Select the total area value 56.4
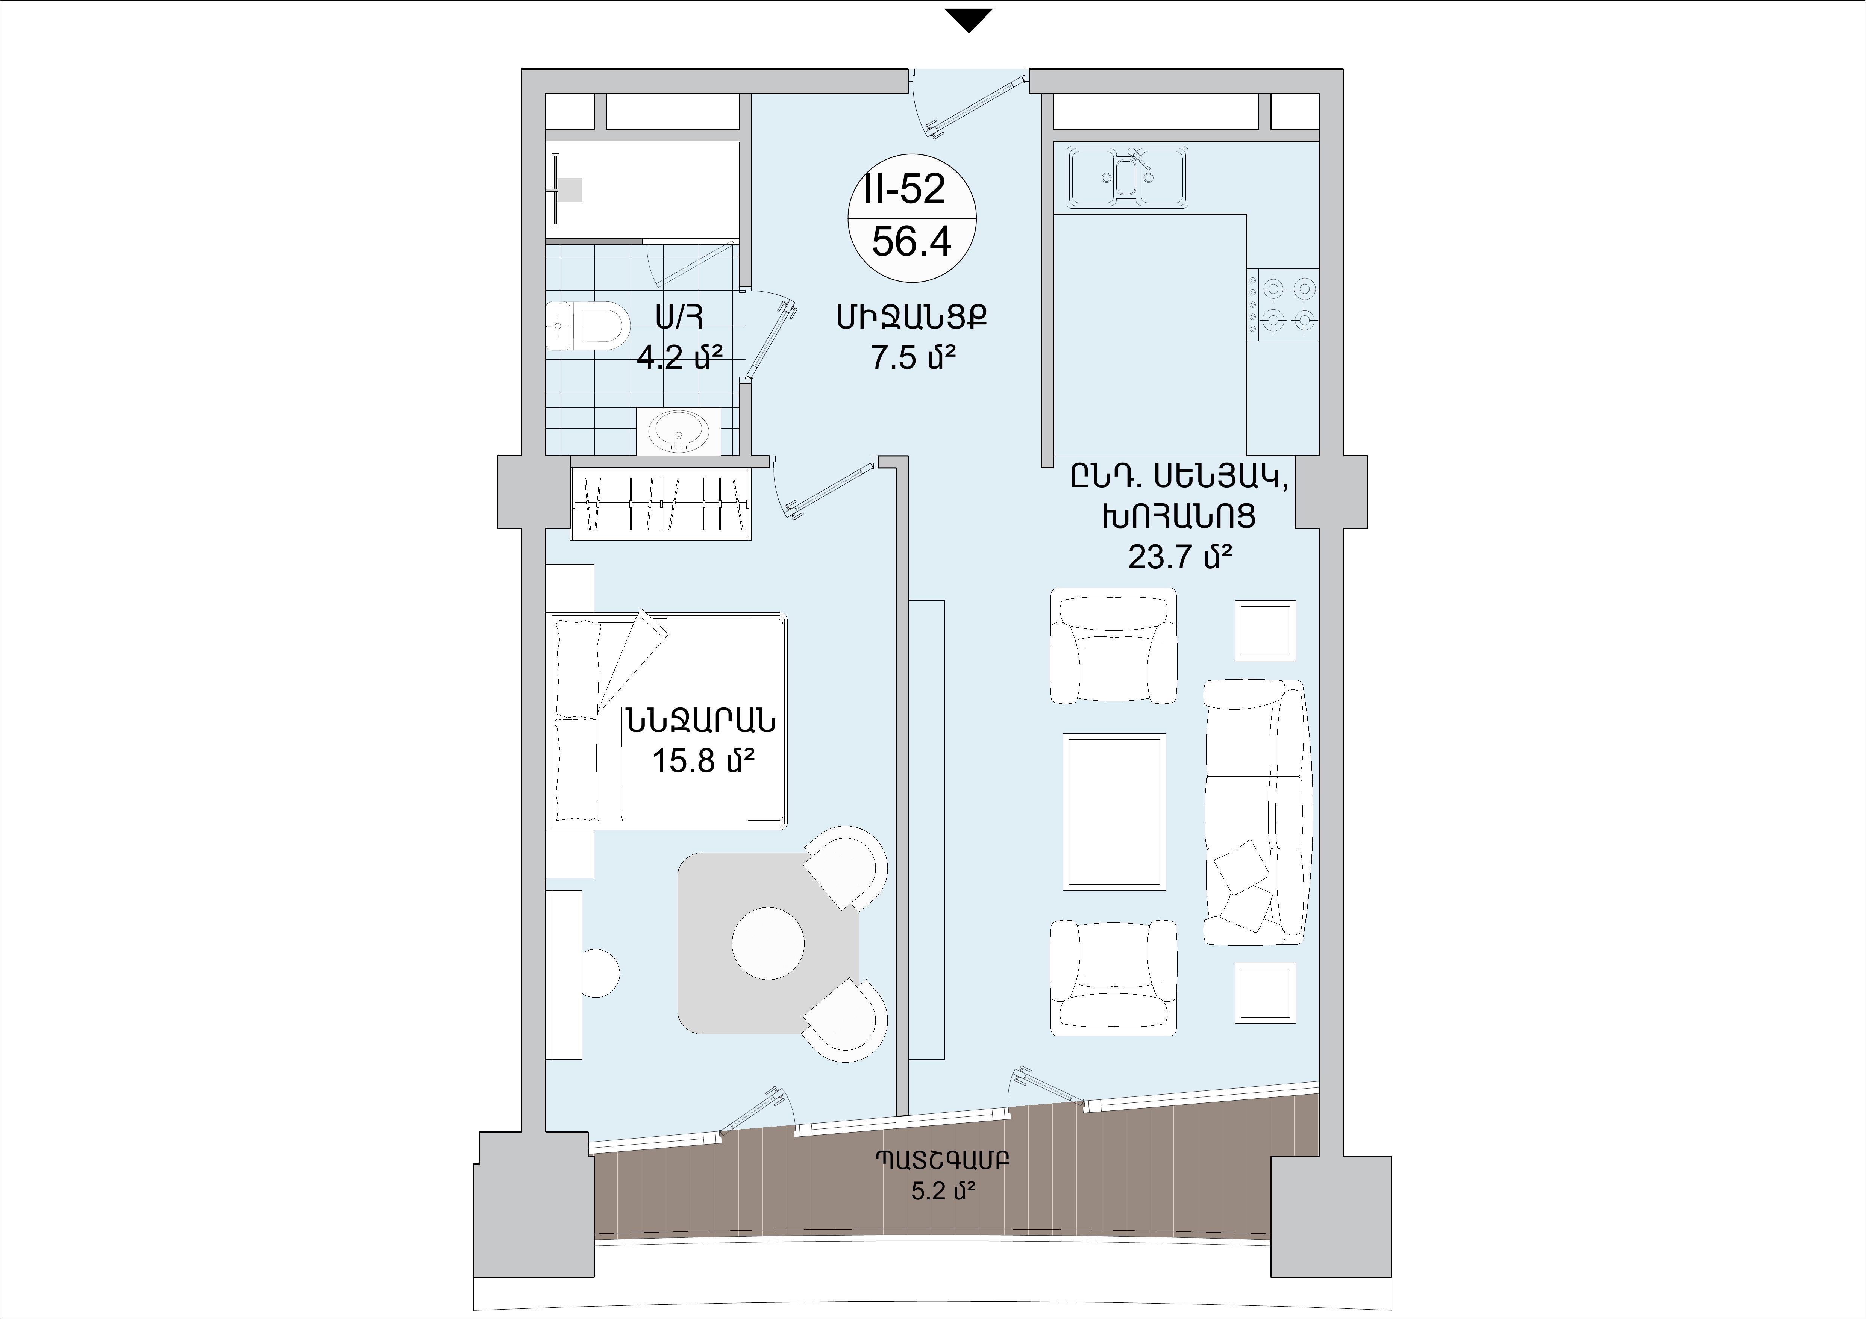(911, 241)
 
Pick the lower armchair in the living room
(1113, 978)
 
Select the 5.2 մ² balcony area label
(943, 1192)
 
